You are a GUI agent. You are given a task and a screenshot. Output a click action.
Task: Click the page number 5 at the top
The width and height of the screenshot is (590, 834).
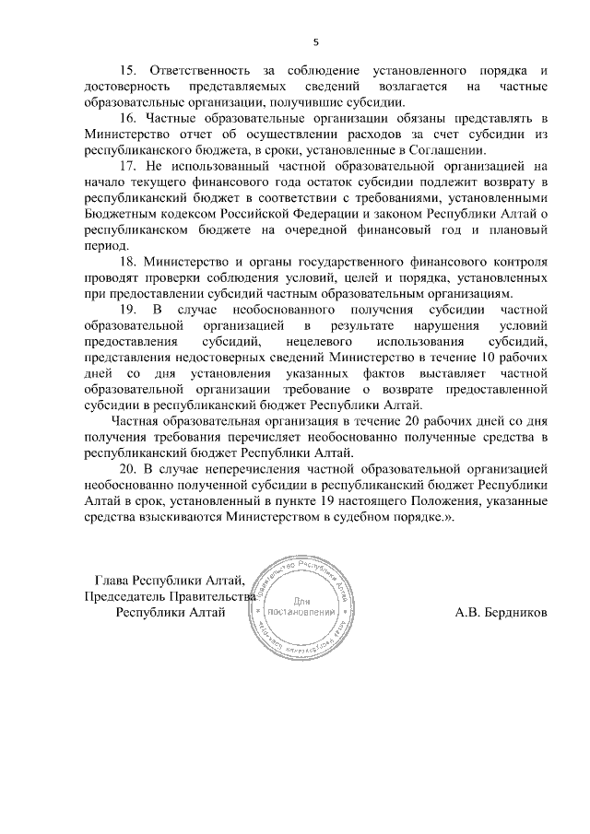coord(315,41)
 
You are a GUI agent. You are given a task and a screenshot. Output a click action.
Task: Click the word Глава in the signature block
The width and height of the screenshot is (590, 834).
coord(112,581)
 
